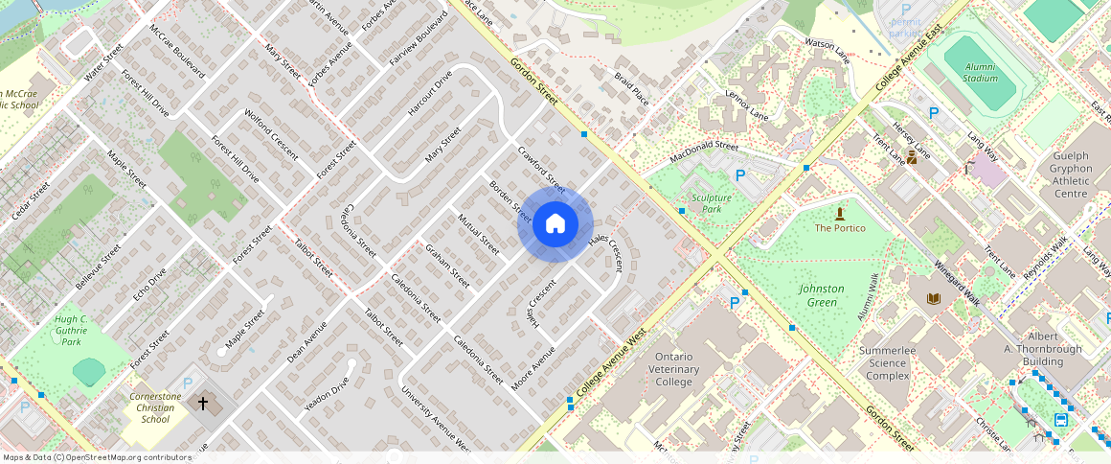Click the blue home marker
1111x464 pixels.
(x=555, y=224)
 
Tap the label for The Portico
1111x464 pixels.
(x=840, y=228)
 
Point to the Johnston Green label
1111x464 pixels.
(x=821, y=295)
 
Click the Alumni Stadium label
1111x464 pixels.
(x=980, y=72)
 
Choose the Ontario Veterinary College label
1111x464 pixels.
(x=673, y=369)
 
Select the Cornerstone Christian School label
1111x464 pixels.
(x=155, y=407)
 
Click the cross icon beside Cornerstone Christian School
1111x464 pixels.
(x=202, y=404)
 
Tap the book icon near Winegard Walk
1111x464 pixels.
(x=933, y=299)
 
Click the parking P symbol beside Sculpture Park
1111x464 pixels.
(x=739, y=175)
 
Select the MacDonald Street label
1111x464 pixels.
(x=704, y=151)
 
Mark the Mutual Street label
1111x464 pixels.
(x=478, y=234)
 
